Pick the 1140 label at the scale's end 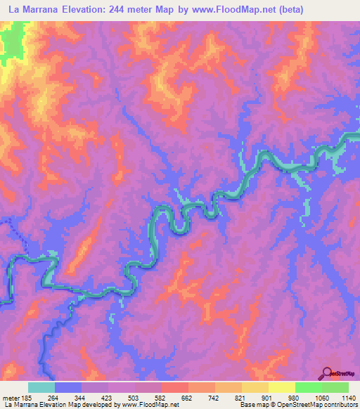point(347,398)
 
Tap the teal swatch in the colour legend point(41,387)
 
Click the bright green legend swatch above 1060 point(309,387)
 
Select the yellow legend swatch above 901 point(255,387)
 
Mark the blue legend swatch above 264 point(68,387)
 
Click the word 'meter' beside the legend point(9,398)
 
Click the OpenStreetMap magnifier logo point(327,372)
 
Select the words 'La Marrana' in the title point(30,8)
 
